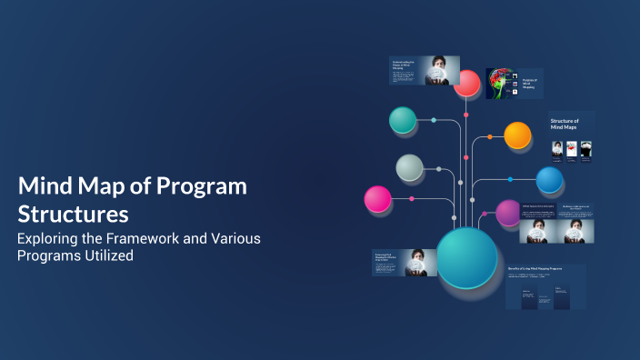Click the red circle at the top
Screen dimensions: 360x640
point(466,84)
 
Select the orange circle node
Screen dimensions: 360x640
point(517,135)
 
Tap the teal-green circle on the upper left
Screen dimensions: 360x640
point(402,120)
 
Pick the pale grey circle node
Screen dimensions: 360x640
point(409,168)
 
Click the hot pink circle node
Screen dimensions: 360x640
point(377,198)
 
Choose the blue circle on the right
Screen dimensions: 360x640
point(549,180)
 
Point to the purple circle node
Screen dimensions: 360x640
point(509,213)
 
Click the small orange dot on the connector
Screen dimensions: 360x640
point(490,137)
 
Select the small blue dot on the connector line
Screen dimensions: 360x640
point(510,179)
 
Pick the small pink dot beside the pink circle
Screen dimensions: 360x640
point(412,198)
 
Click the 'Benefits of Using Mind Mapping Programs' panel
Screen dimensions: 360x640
point(545,286)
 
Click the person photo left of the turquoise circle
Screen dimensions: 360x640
point(419,262)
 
